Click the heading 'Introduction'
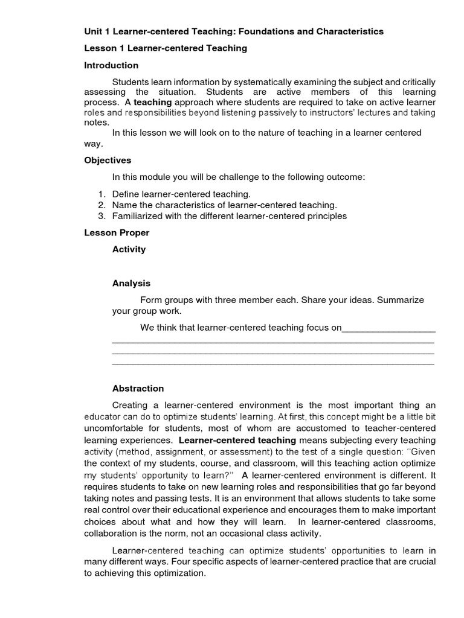pyautogui.click(x=111, y=65)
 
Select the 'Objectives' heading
pyautogui.click(x=108, y=161)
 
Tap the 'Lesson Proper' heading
pyautogui.click(x=117, y=232)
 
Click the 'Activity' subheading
pyautogui.click(x=129, y=249)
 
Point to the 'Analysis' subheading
pyautogui.click(x=131, y=283)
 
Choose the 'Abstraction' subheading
pyautogui.click(x=138, y=389)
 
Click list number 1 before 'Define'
pyautogui.click(x=101, y=194)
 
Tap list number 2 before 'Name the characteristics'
pyautogui.click(x=101, y=205)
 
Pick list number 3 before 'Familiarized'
pyautogui.click(x=101, y=216)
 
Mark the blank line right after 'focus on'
pyautogui.click(x=388, y=328)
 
